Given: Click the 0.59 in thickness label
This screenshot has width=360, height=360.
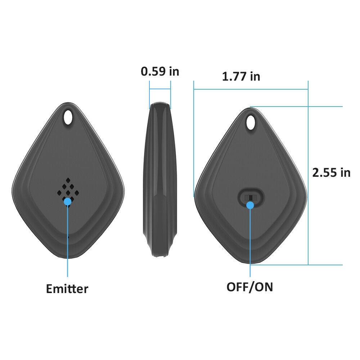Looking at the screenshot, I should pos(159,71).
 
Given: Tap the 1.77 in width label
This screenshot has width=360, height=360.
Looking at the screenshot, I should pos(241,76).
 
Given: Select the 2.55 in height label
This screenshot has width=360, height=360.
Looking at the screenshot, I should pos(331,172).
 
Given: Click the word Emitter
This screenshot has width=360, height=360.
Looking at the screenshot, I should pos(67,288).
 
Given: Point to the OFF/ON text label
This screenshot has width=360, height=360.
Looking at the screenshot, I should pos(249,287).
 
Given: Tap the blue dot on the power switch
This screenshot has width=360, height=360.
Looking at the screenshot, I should pos(250,205).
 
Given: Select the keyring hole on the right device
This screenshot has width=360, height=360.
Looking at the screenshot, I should pos(251,122).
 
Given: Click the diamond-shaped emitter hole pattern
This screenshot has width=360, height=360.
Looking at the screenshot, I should pos(67,189).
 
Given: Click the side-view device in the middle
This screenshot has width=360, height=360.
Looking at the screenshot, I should pos(159,180).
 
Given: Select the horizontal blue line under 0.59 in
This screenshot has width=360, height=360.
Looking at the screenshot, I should pos(160,89).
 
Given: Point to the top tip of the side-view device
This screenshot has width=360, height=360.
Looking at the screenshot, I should pos(160,104).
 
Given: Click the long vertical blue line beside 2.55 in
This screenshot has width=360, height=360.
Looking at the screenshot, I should pos(308,173).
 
